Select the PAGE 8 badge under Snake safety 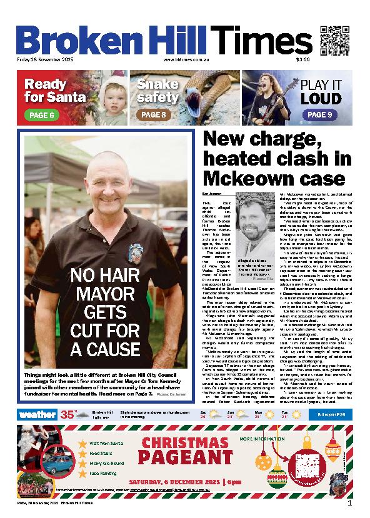pyautogui.click(x=154, y=115)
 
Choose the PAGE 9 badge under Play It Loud pyautogui.click(x=320, y=115)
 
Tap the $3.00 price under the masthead pyautogui.click(x=303, y=60)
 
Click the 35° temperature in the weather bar pyautogui.click(x=67, y=414)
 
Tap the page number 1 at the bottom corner pyautogui.click(x=349, y=502)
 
